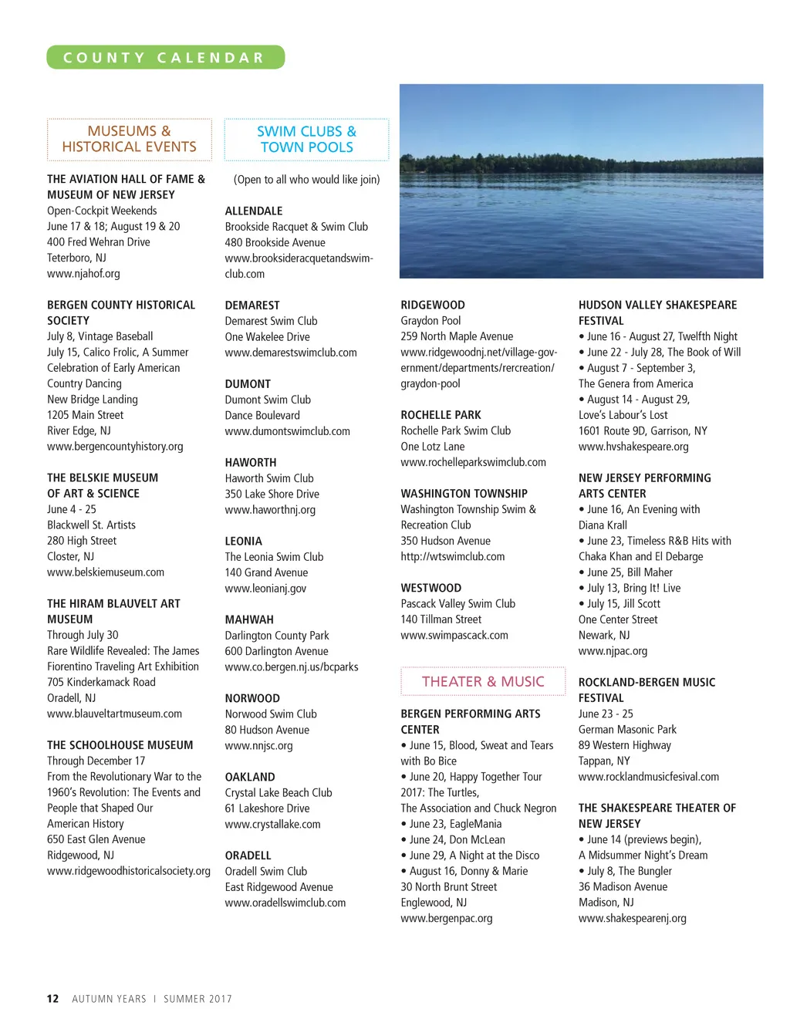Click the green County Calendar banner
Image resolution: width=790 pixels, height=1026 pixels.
[165, 58]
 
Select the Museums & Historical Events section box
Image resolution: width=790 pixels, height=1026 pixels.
[129, 140]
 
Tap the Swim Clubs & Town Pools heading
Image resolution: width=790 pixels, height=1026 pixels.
[306, 140]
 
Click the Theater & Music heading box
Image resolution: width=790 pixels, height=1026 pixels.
[483, 682]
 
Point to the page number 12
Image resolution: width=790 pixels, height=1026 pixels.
[52, 998]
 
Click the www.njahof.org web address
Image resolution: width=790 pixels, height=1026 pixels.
[83, 274]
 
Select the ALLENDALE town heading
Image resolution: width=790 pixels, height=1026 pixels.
[254, 211]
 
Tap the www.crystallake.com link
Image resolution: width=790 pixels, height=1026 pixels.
[272, 825]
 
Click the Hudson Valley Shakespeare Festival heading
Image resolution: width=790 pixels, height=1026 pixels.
[657, 313]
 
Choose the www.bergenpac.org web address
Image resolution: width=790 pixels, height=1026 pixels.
[446, 919]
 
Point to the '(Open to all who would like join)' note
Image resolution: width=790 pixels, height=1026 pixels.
[306, 180]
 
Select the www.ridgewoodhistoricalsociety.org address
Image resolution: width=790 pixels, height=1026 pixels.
[128, 871]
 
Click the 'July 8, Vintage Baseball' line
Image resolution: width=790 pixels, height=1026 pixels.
[100, 336]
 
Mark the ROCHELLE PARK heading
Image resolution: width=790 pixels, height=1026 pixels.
[441, 415]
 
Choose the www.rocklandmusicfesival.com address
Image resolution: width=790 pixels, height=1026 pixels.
[648, 777]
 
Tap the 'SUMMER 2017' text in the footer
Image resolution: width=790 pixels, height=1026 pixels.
[197, 999]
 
